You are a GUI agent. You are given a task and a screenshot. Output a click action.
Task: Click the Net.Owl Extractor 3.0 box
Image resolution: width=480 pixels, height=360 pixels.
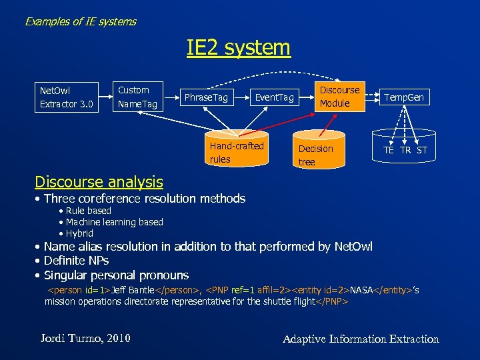(x=66, y=97)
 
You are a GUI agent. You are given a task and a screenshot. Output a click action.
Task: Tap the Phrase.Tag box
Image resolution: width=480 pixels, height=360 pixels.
(x=206, y=98)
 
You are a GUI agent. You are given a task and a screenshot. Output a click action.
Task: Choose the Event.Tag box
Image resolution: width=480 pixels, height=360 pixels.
(x=274, y=98)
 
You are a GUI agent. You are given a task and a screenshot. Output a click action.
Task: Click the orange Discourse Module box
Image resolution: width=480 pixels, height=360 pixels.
(x=339, y=97)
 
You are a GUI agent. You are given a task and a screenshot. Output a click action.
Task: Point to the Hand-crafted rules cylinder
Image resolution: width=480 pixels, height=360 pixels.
(x=237, y=153)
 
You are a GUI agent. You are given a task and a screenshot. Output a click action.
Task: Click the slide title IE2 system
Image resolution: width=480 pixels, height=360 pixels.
(x=239, y=48)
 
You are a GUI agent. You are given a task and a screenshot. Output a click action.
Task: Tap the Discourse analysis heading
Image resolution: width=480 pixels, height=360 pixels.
(x=99, y=181)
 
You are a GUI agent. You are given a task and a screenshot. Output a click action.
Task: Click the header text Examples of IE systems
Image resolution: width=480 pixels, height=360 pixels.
(x=81, y=21)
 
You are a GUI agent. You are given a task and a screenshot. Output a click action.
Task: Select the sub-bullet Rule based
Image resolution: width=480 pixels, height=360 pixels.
(x=88, y=211)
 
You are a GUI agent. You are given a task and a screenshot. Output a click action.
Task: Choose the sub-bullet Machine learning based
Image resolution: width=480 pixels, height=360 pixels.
(x=114, y=222)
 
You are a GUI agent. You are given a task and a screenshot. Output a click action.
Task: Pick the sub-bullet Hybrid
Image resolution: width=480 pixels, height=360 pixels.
(x=79, y=233)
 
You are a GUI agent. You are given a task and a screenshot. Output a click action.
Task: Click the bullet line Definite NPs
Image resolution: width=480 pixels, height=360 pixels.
(x=76, y=261)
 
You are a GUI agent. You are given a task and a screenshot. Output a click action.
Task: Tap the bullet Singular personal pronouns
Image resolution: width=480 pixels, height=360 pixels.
(x=116, y=275)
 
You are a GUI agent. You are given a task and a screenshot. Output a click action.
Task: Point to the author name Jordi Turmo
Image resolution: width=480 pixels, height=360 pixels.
(x=85, y=339)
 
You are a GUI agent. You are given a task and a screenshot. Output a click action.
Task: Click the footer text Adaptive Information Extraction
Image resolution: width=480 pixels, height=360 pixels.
(x=361, y=339)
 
